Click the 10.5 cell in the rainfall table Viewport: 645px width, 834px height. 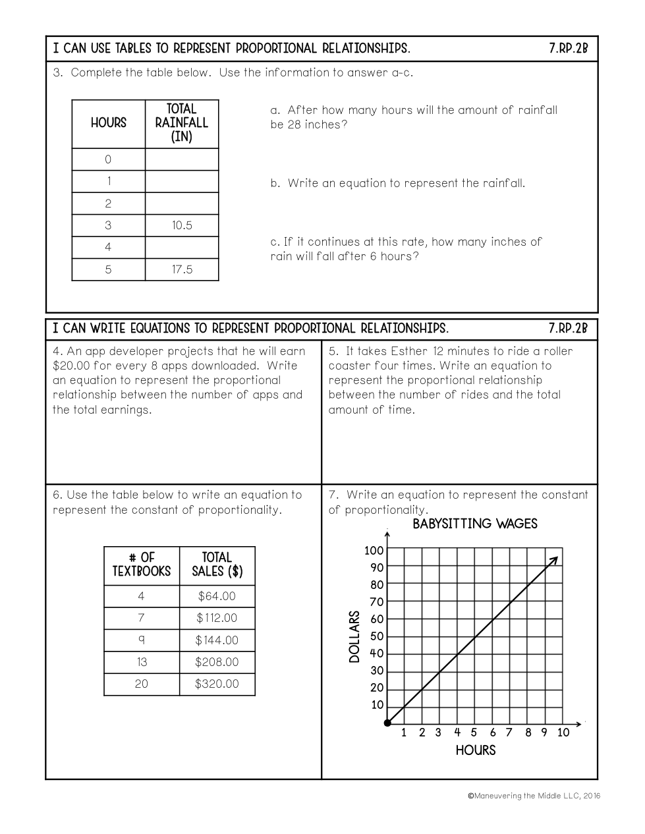pos(182,225)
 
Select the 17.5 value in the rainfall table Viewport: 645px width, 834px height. pos(182,269)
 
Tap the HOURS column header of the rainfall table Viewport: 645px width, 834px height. pos(109,123)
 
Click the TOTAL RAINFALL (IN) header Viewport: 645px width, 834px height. pos(182,123)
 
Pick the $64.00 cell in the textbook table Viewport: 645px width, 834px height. pos(217,596)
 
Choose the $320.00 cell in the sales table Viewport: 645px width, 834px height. pos(217,684)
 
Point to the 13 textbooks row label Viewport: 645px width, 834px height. pos(142,662)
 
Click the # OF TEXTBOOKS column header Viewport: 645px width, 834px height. pos(142,565)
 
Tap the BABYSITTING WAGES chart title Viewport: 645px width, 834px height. pos(475,524)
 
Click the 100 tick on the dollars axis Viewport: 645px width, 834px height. pos(374,551)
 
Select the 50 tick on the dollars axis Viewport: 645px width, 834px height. pos(377,636)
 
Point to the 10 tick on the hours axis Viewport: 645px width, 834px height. pos(563,733)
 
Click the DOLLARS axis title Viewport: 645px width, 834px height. pos(355,636)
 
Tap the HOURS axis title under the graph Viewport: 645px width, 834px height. pos(476,750)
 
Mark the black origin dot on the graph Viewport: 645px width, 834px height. pos(387,723)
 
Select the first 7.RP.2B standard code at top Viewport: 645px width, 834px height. pos(568,49)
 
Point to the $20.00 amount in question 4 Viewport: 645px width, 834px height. pos(71,366)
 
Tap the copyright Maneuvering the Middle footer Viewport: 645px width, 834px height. pos(534,796)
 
